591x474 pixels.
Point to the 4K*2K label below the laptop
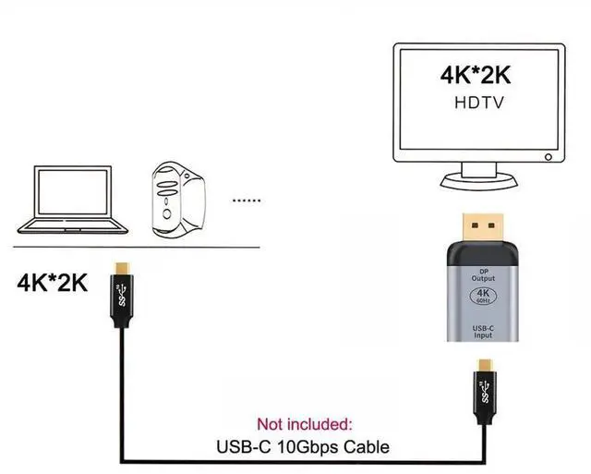(52, 283)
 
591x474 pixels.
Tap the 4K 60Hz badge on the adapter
(481, 294)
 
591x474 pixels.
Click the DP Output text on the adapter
(481, 273)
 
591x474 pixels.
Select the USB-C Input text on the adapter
(481, 332)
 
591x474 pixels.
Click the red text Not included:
(305, 426)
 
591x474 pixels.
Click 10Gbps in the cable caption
(305, 446)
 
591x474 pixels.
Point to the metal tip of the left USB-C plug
(121, 267)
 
